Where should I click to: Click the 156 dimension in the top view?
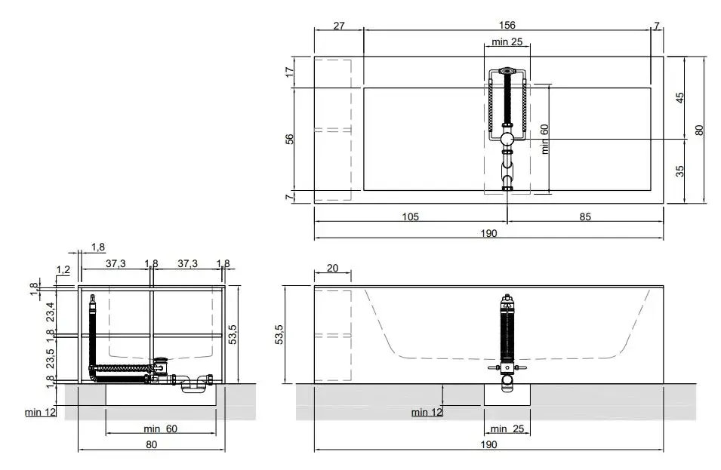point(507,25)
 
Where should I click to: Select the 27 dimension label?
point(339,26)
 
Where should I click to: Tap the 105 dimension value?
point(411,217)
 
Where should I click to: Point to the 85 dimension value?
point(585,217)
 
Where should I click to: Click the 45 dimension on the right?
point(679,98)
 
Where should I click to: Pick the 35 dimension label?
point(679,171)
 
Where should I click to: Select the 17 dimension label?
point(289,72)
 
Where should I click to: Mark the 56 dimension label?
point(289,139)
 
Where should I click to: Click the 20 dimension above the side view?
point(332,268)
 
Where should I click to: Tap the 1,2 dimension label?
point(63,269)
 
